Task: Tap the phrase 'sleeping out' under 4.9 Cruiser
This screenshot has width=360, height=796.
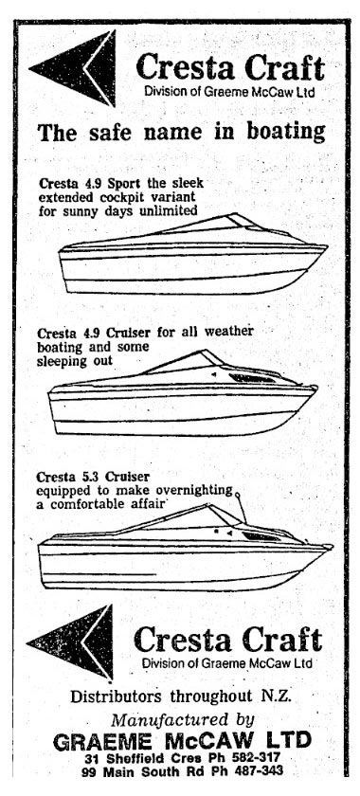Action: point(75,360)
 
